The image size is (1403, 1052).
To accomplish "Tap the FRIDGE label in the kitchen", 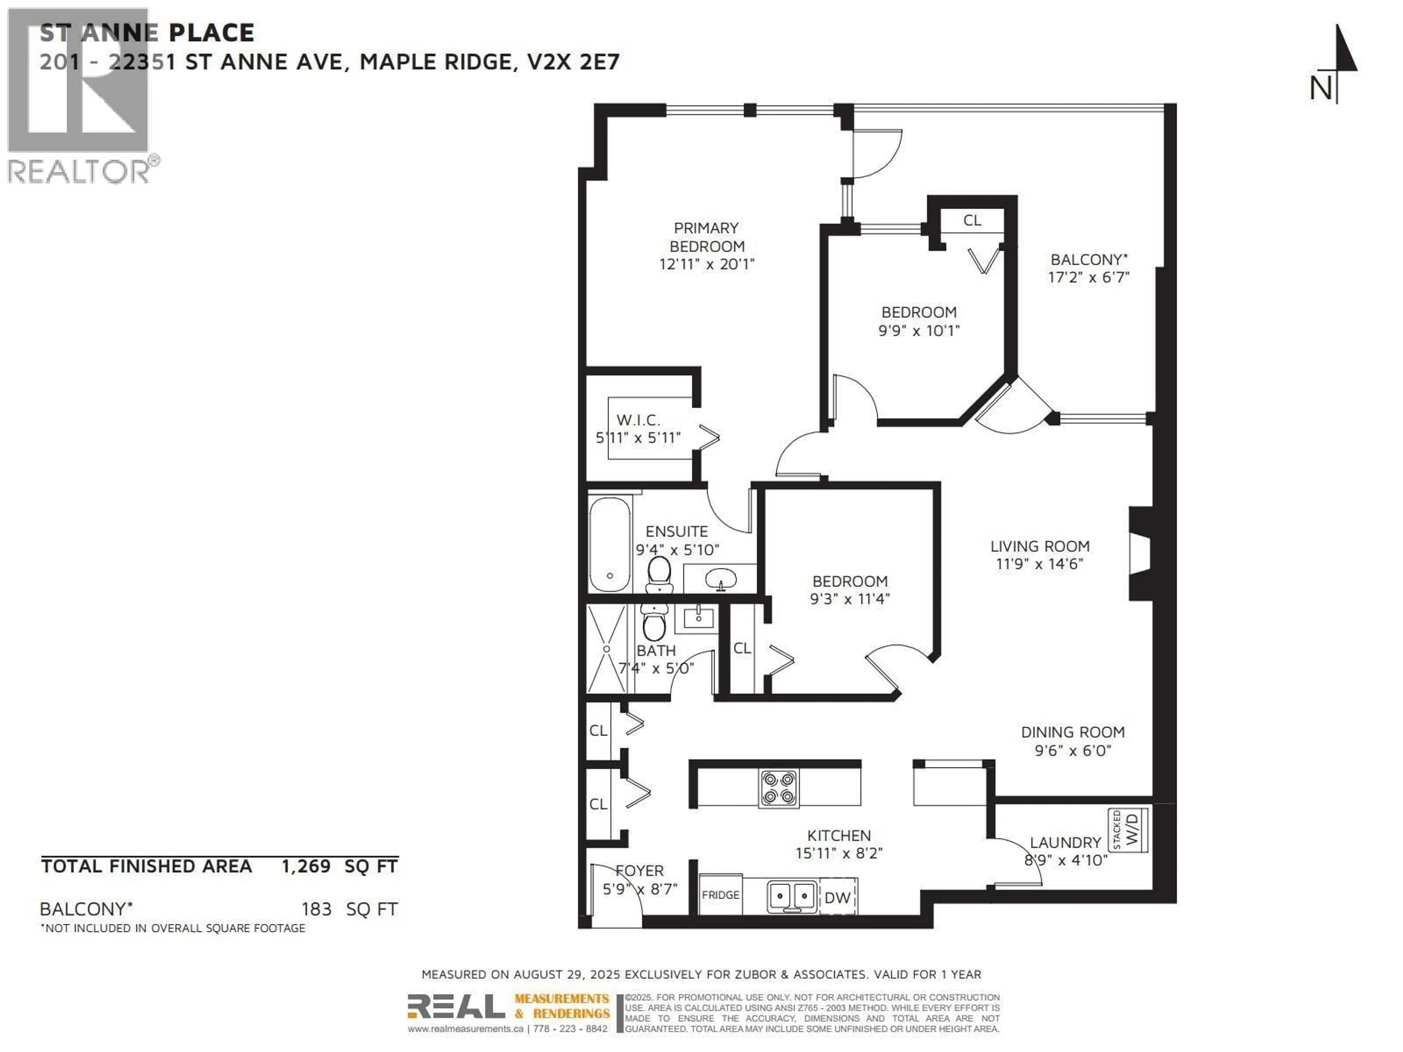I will pyautogui.click(x=720, y=895).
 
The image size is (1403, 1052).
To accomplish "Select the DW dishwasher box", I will pyautogui.click(x=837, y=897).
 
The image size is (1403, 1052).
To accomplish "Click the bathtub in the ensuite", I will pyautogui.click(x=609, y=544).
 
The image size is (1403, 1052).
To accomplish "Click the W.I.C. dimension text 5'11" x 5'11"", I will pyautogui.click(x=638, y=438).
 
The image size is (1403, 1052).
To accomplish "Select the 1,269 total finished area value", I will pyautogui.click(x=306, y=866).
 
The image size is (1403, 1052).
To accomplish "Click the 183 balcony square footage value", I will pyautogui.click(x=316, y=909).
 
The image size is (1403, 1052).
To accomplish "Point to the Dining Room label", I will pyautogui.click(x=1073, y=732).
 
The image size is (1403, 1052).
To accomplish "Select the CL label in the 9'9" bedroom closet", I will pyautogui.click(x=972, y=220).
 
